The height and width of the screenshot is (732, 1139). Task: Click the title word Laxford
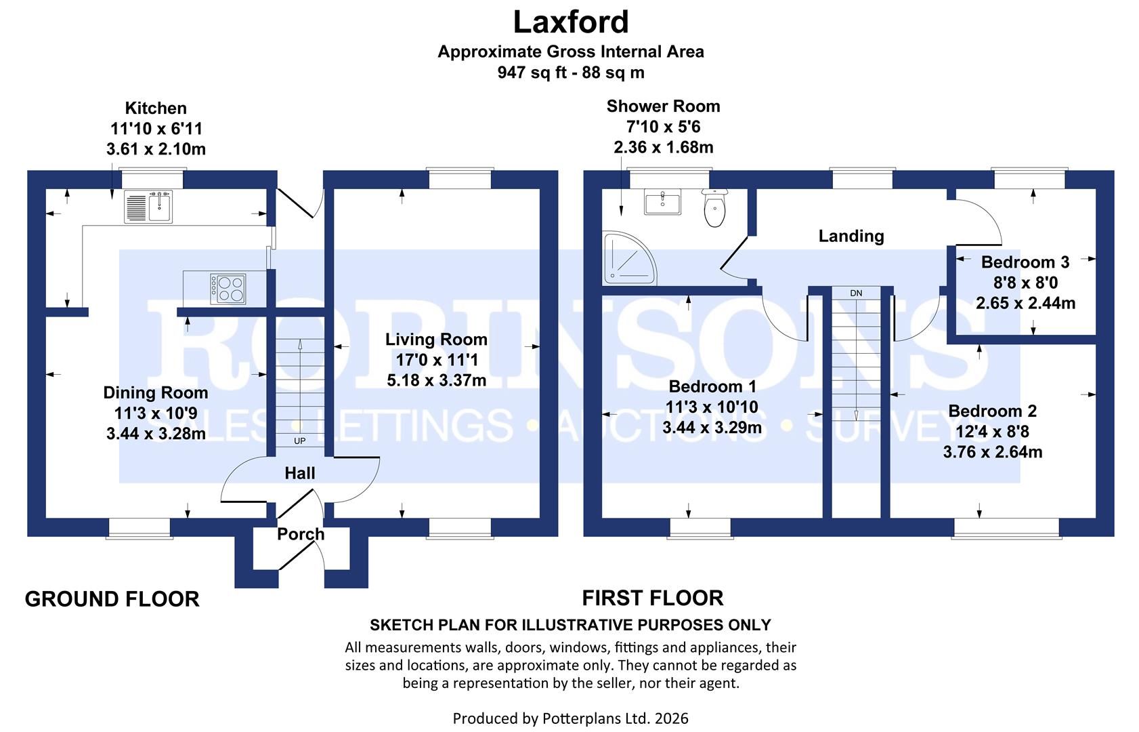570,22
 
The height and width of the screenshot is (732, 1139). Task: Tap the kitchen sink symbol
148,206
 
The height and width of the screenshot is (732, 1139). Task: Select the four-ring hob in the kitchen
228,289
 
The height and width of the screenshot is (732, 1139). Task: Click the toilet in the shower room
714,208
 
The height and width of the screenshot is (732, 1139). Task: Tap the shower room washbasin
663,202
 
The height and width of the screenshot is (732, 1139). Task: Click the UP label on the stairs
299,441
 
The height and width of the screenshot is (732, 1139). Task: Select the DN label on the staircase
856,293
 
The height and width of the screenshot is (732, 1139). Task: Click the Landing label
851,236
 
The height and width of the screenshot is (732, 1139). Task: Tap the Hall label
299,473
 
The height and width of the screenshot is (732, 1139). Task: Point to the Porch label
301,534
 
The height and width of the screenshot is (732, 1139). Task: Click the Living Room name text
436,340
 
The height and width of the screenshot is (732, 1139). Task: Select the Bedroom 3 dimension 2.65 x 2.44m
1025,303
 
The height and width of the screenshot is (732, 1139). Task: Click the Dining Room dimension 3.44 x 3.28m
156,434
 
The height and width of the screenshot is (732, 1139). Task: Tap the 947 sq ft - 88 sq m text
570,73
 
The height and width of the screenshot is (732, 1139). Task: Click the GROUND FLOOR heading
112,599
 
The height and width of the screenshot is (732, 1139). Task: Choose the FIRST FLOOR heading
653,598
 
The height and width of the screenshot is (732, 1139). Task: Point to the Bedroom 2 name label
992,411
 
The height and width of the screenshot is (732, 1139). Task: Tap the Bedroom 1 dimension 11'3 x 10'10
712,407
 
